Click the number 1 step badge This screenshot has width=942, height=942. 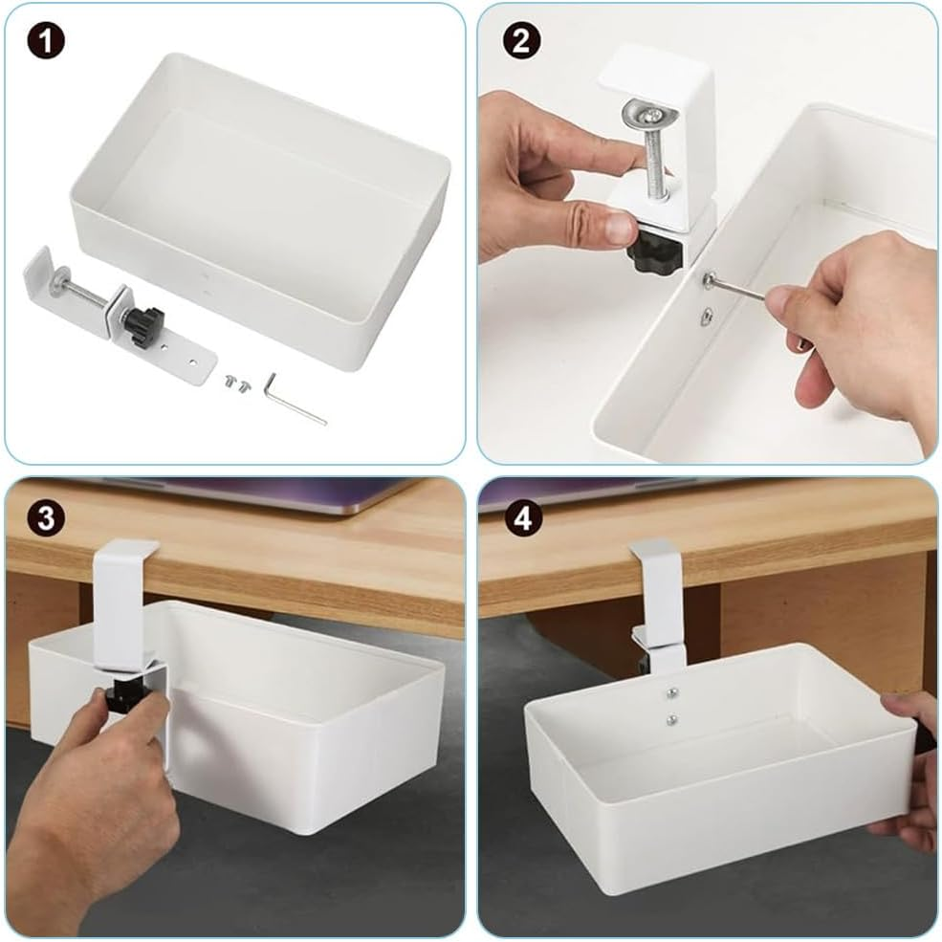click(x=44, y=41)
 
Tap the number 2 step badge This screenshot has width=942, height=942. click(x=522, y=41)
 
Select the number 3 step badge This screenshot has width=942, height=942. click(x=44, y=517)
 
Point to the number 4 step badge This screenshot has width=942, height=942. click(x=522, y=517)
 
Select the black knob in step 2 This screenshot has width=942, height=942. click(x=655, y=251)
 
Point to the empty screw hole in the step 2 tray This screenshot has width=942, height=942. click(x=705, y=316)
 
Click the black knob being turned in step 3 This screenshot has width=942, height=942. click(x=124, y=695)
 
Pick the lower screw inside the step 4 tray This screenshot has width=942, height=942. click(x=672, y=720)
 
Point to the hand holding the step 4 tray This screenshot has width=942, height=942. click(x=913, y=765)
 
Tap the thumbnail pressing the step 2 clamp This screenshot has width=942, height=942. click(x=620, y=228)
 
